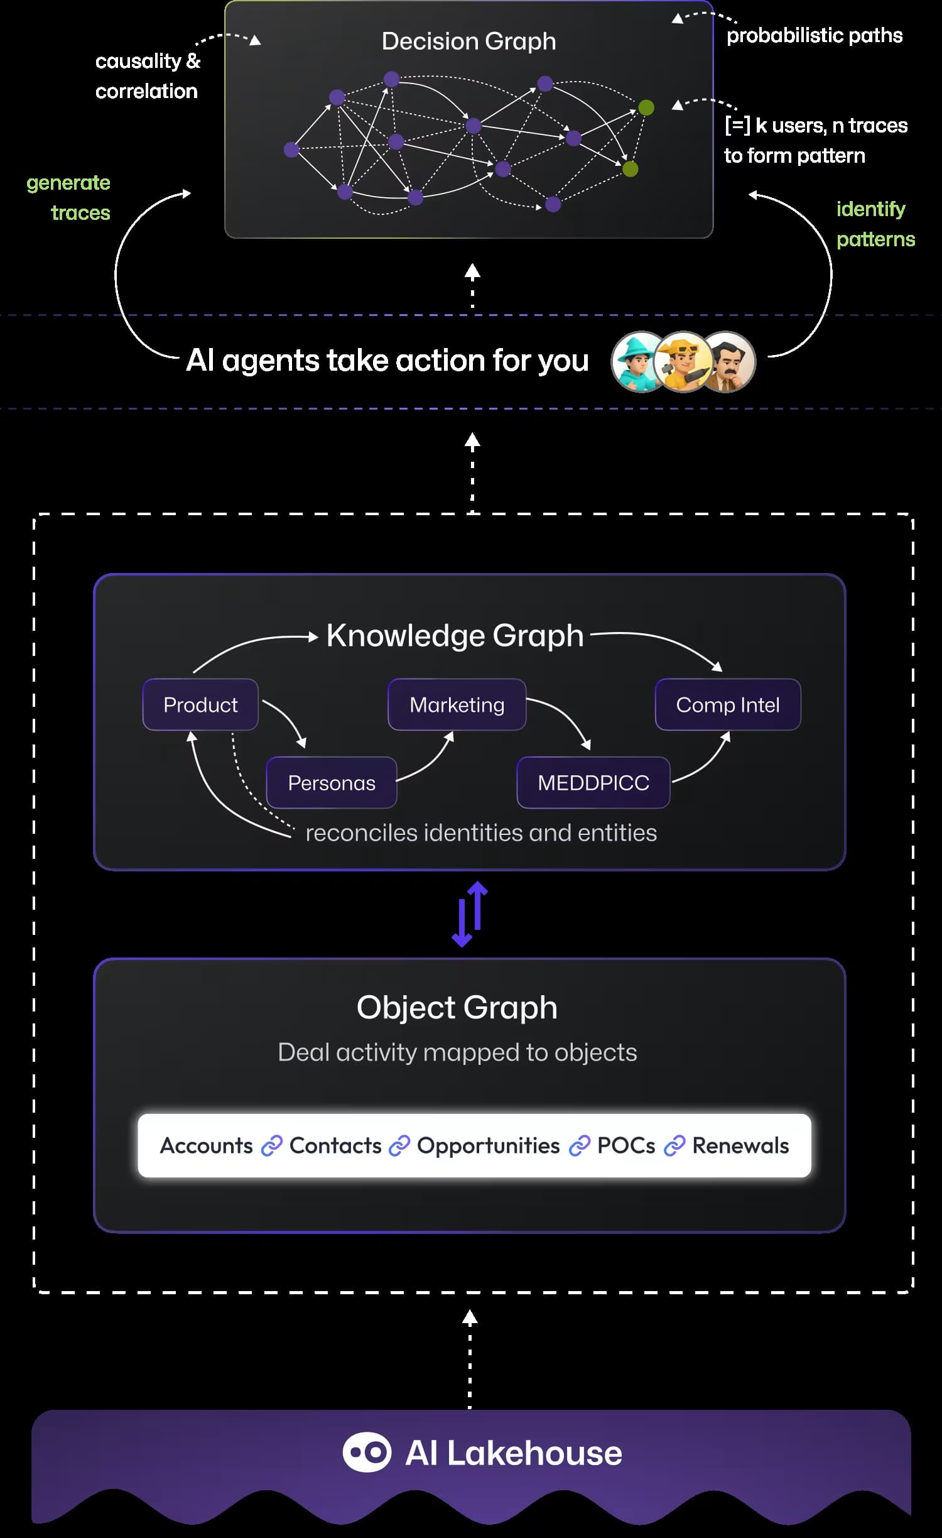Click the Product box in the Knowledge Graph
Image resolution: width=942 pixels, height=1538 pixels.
click(x=200, y=704)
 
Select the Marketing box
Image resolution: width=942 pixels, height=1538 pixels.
click(x=457, y=704)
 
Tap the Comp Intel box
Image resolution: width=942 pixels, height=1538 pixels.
click(x=727, y=704)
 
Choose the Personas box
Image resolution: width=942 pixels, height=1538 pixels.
click(x=332, y=782)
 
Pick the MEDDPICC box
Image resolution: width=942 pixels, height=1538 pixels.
click(x=593, y=782)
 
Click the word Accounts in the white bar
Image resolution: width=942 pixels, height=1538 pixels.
click(x=206, y=1145)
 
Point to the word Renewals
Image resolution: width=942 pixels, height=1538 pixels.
click(x=740, y=1145)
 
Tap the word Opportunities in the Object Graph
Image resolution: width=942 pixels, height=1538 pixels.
click(x=488, y=1145)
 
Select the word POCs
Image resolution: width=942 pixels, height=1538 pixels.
click(x=625, y=1145)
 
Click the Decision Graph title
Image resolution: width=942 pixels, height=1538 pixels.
click(x=468, y=41)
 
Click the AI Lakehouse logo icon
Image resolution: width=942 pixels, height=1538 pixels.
click(x=367, y=1452)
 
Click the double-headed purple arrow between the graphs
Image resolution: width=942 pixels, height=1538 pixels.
click(x=470, y=914)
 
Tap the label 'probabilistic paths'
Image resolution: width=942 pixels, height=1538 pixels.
click(x=814, y=36)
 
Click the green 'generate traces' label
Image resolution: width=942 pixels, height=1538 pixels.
click(x=69, y=197)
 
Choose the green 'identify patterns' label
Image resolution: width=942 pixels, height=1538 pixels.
click(x=875, y=224)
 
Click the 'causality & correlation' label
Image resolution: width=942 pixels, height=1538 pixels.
click(x=148, y=76)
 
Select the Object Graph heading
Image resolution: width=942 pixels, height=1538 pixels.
click(x=457, y=1007)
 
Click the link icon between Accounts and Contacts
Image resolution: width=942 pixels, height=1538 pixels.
click(x=271, y=1146)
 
